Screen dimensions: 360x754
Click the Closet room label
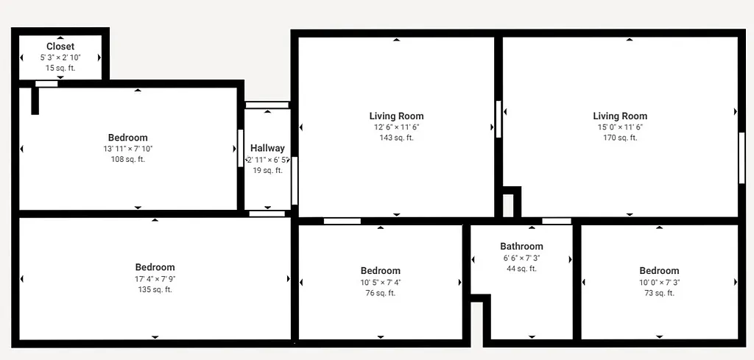pyautogui.click(x=60, y=46)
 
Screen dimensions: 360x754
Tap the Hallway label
pyautogui.click(x=267, y=148)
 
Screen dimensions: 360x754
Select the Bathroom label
pyautogui.click(x=521, y=247)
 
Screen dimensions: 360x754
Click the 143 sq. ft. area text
pyautogui.click(x=396, y=138)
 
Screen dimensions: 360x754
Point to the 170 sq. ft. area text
pyautogui.click(x=620, y=138)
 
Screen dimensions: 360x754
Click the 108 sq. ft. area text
pyautogui.click(x=127, y=159)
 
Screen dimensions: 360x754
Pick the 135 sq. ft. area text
pyautogui.click(x=155, y=289)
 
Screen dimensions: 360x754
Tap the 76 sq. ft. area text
pyautogui.click(x=381, y=293)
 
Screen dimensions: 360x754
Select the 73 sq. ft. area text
pyautogui.click(x=659, y=293)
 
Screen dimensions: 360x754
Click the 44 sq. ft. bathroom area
pyautogui.click(x=521, y=269)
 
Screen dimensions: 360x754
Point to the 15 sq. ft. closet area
pyautogui.click(x=60, y=68)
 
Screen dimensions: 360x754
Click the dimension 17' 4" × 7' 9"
pyautogui.click(x=155, y=279)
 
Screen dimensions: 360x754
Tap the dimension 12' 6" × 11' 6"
pyautogui.click(x=396, y=127)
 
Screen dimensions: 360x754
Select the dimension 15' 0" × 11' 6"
pyautogui.click(x=620, y=127)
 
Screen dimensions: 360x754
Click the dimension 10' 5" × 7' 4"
pyautogui.click(x=381, y=282)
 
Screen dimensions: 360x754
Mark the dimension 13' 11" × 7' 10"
pyautogui.click(x=127, y=149)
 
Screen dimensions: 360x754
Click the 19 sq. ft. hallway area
pyautogui.click(x=267, y=170)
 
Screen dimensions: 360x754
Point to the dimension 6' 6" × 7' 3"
pyautogui.click(x=521, y=258)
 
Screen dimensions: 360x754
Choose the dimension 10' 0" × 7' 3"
pyautogui.click(x=659, y=282)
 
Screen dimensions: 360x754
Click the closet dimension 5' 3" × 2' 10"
pyautogui.click(x=60, y=57)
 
